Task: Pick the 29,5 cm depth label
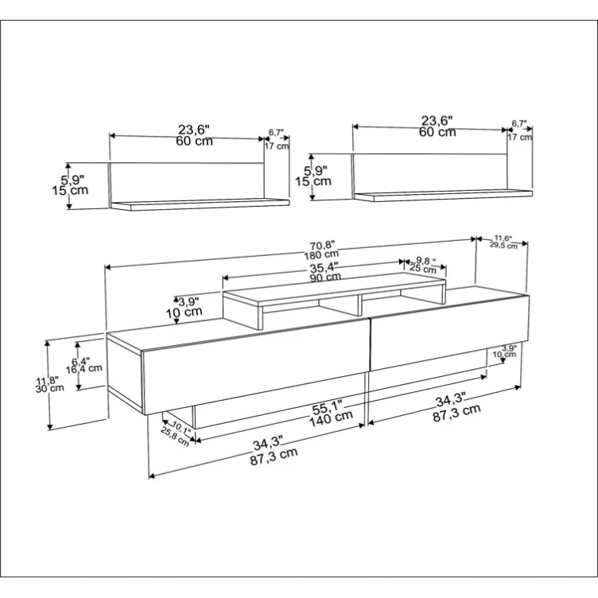click(503, 246)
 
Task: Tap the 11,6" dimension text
click(503, 238)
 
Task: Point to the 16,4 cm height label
click(83, 368)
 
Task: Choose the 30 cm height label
click(49, 388)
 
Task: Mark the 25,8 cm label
click(176, 437)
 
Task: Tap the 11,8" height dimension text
click(49, 379)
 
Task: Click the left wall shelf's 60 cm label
click(194, 141)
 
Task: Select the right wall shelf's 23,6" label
click(437, 120)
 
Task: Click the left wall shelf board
click(199, 204)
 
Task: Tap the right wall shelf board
click(442, 195)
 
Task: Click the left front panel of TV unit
click(254, 370)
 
